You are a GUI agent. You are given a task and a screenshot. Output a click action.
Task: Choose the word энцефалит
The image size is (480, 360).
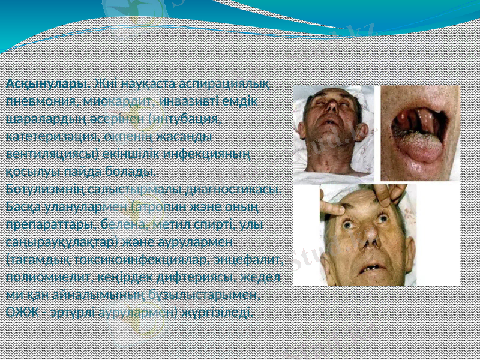pos(251,260)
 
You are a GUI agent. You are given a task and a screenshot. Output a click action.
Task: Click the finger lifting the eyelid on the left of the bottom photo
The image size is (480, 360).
pos(333,210)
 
